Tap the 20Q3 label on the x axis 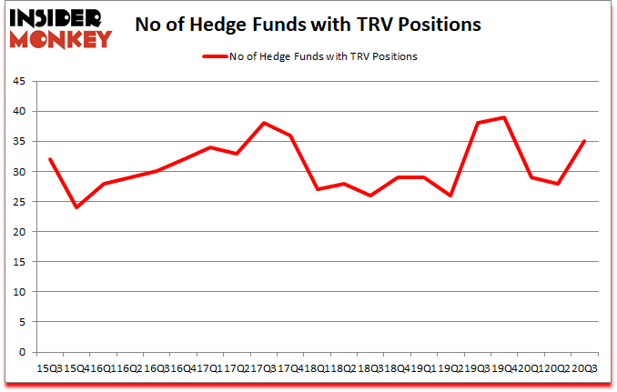tap(583, 368)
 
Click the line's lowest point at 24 tap(76, 207)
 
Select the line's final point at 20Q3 tap(583, 141)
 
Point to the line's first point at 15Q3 tap(49, 159)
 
